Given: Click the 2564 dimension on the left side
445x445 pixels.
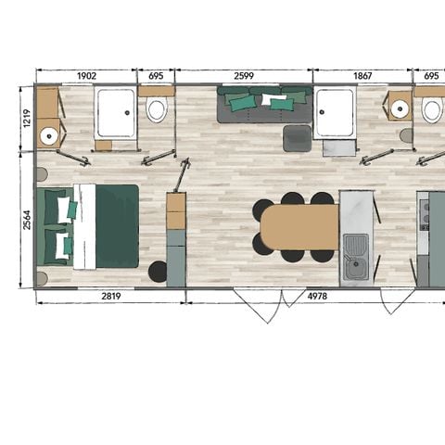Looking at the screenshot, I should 26,219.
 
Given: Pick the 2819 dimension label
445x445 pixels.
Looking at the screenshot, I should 110,297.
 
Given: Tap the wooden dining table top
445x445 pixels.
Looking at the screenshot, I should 299,227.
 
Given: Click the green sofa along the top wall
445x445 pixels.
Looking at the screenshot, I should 264,105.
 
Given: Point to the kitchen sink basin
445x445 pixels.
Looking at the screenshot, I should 355,248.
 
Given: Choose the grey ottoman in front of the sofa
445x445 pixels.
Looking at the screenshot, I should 297,138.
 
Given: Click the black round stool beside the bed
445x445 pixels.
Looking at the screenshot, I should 158,272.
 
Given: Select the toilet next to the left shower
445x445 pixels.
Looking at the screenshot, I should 157,111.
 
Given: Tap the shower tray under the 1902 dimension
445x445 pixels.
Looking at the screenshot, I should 116,114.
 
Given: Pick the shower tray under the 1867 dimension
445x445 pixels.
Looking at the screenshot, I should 335,114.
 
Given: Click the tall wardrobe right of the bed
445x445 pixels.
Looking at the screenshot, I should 176,238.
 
